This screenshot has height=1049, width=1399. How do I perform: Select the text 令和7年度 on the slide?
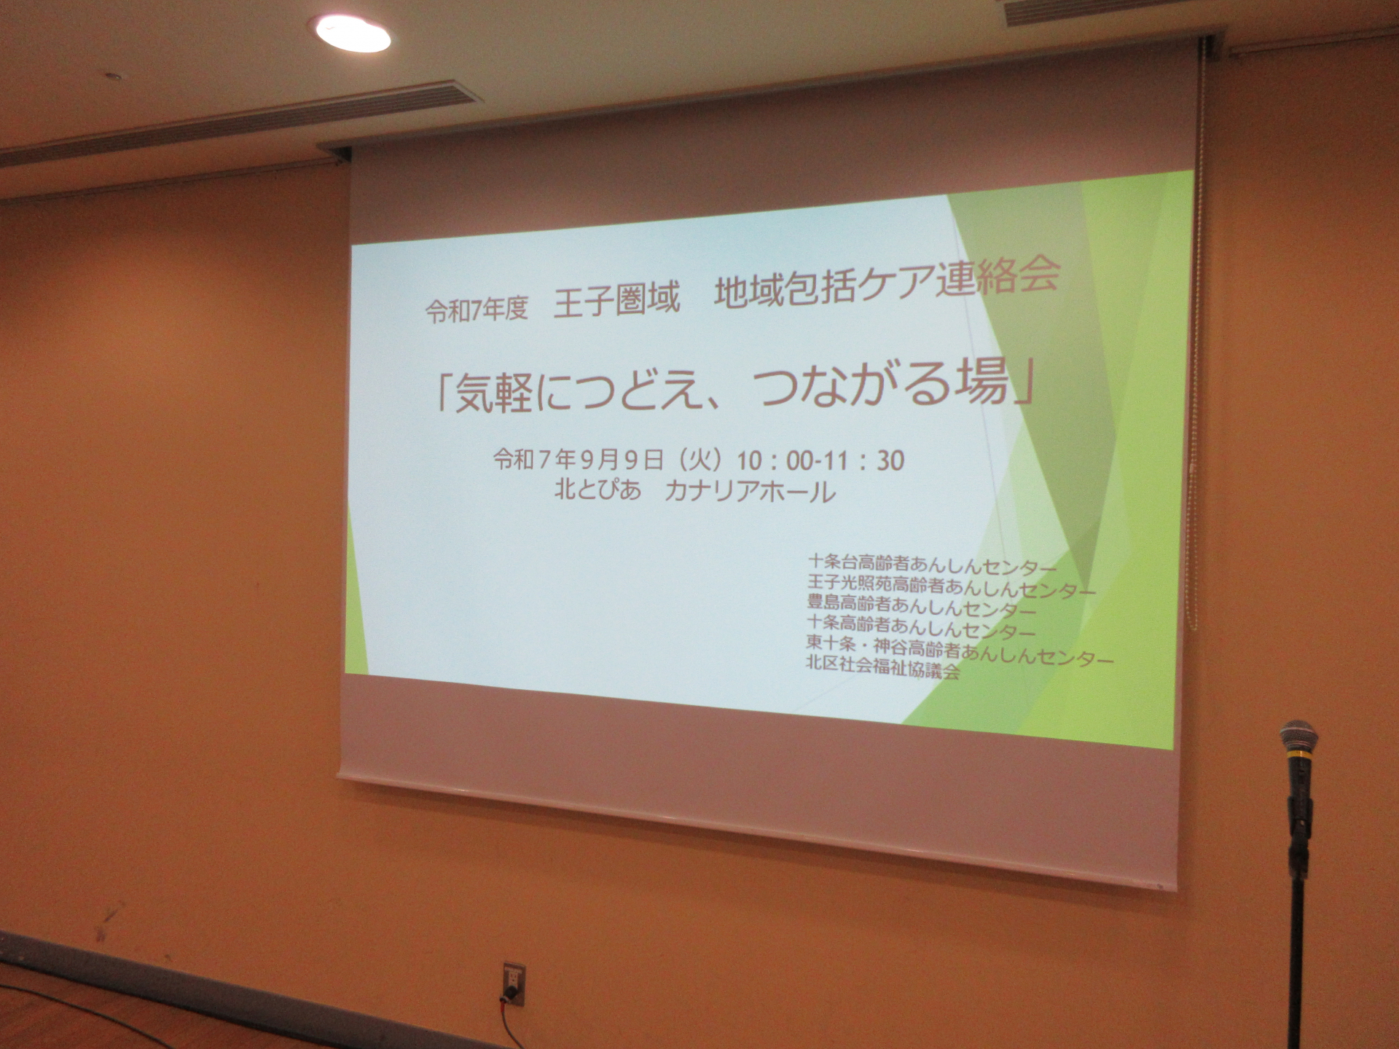tap(475, 310)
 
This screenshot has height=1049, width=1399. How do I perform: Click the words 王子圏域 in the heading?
tap(616, 299)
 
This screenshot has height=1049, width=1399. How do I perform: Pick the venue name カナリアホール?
tap(751, 493)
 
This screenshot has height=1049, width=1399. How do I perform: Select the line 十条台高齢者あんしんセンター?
tap(932, 565)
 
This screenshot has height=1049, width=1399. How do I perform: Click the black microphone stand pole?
tap(1298, 911)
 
